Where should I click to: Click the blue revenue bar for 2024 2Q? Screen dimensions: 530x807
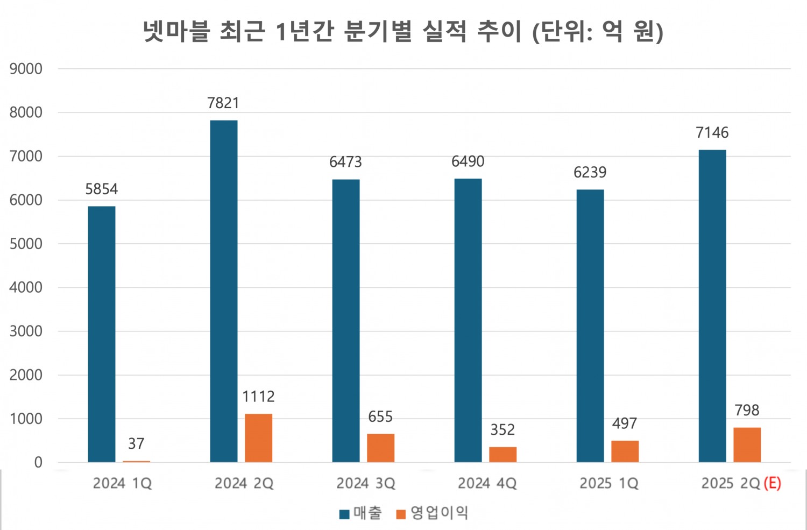coord(223,291)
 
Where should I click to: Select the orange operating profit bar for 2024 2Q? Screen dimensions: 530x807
coord(258,438)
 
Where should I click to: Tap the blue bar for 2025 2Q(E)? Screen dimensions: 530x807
coord(712,306)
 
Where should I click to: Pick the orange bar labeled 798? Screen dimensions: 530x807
coord(747,445)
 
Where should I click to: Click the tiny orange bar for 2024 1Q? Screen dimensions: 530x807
coord(136,461)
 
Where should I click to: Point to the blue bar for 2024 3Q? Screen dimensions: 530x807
coord(345,320)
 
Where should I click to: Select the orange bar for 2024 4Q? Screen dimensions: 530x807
coord(502,455)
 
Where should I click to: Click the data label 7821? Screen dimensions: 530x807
coord(223,103)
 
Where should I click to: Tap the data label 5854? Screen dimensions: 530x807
coord(101,189)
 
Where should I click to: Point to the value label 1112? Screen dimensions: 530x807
coord(258,397)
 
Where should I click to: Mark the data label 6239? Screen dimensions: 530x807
coord(590,173)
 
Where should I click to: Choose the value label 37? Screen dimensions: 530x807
coord(136,444)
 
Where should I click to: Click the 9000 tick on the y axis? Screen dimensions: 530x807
coord(26,69)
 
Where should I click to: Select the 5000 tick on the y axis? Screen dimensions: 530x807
coord(26,244)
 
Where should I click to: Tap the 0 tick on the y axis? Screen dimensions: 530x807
coord(38,462)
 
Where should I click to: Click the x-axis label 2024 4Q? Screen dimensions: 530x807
coord(487,484)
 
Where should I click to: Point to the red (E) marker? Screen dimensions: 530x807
coord(772,483)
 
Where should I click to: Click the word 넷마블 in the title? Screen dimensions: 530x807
coord(175,31)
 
